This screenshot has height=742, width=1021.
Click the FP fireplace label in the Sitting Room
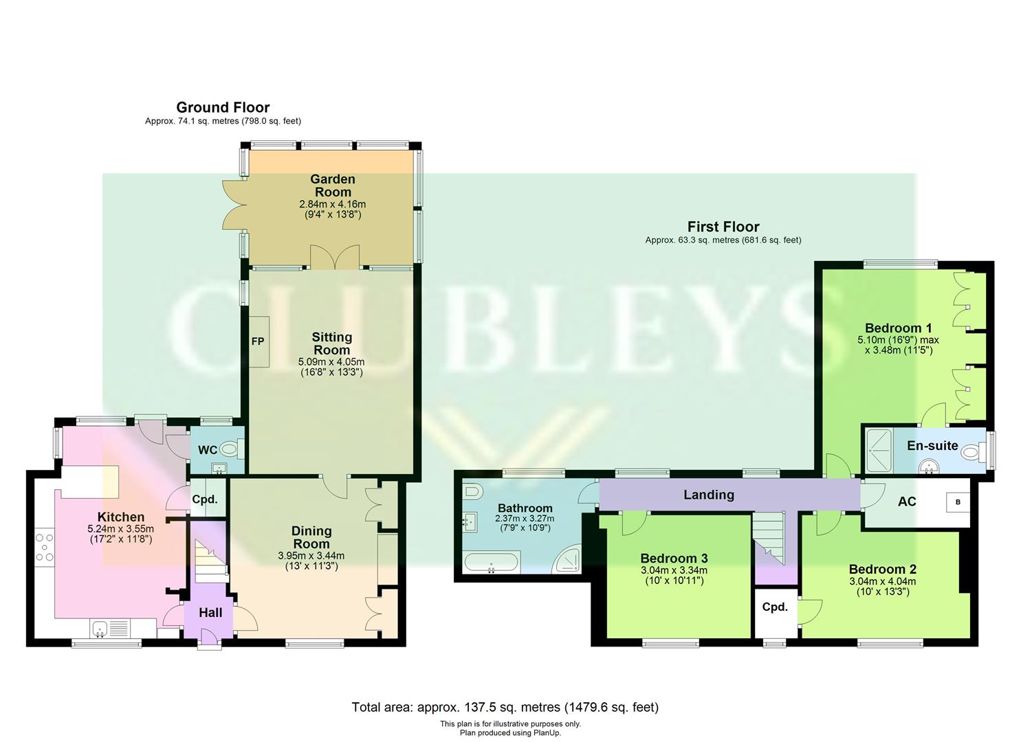tap(258, 341)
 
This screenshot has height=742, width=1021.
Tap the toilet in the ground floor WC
tap(232, 450)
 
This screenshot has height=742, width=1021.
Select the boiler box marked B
tap(958, 502)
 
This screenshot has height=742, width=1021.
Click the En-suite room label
tap(932, 446)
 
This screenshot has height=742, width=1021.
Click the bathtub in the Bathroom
tap(491, 563)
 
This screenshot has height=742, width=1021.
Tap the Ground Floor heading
tap(223, 107)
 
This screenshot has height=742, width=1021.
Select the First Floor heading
tap(723, 227)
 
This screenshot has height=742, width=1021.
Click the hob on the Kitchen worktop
tap(44, 547)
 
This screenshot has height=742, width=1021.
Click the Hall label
tap(210, 612)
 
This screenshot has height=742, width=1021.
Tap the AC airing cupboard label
tap(907, 502)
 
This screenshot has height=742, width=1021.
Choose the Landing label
tap(708, 495)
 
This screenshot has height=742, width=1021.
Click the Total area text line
tap(505, 707)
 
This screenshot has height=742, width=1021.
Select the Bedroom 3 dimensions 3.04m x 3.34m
tap(674, 570)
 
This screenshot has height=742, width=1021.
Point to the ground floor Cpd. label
tap(205, 499)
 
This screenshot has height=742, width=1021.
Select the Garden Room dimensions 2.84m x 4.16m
tap(332, 205)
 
